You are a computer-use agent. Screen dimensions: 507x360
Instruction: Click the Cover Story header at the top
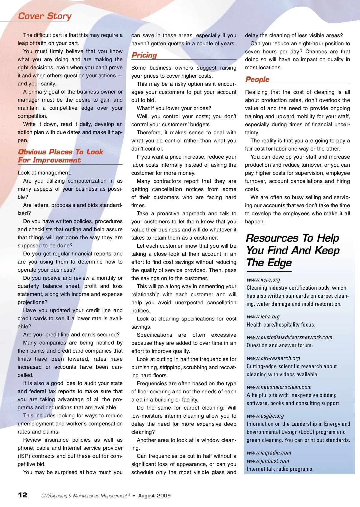click(45, 16)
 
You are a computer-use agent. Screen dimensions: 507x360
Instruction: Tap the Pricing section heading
click(144, 55)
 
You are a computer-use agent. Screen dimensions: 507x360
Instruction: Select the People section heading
click(257, 79)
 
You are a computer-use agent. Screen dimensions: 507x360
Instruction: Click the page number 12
click(22, 495)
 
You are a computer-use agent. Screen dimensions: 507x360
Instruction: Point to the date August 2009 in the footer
click(154, 496)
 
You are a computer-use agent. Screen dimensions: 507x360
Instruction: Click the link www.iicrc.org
click(263, 280)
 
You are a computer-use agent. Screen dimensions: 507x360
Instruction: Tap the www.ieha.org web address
click(263, 317)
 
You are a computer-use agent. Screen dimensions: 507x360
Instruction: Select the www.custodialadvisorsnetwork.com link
click(289, 337)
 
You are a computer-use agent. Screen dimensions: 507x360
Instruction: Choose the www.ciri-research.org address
click(273, 358)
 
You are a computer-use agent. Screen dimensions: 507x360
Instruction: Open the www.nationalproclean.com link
click(279, 387)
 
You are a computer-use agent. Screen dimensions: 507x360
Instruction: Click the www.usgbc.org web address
click(265, 416)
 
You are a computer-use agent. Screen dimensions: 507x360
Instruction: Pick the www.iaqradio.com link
click(269, 453)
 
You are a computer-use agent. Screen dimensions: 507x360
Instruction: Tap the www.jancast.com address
click(268, 461)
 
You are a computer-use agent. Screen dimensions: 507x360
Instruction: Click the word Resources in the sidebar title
click(272, 238)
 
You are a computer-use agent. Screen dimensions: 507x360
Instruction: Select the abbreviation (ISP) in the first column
click(24, 456)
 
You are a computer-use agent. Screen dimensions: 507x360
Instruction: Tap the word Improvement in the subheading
click(57, 160)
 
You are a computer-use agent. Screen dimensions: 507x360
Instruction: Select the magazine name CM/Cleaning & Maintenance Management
click(84, 496)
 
